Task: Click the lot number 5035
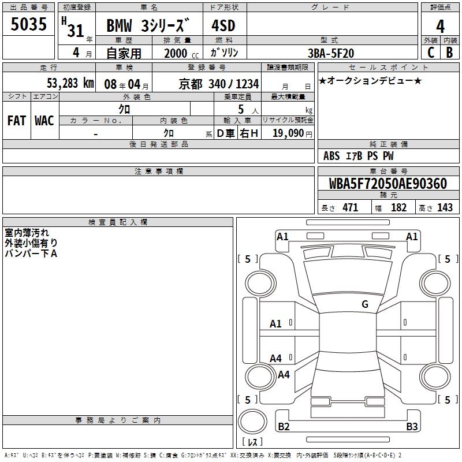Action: pyautogui.click(x=28, y=24)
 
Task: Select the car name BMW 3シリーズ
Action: pyautogui.click(x=148, y=25)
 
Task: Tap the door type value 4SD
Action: pyautogui.click(x=223, y=25)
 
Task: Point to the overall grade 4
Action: pyautogui.click(x=440, y=26)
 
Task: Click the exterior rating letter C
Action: pyautogui.click(x=431, y=53)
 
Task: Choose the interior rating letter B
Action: pyautogui.click(x=449, y=53)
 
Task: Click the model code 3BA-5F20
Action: pyautogui.click(x=331, y=53)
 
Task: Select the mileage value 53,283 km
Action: pyautogui.click(x=70, y=83)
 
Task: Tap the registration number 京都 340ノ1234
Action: pyautogui.click(x=219, y=84)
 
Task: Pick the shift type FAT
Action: pyautogui.click(x=17, y=121)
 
